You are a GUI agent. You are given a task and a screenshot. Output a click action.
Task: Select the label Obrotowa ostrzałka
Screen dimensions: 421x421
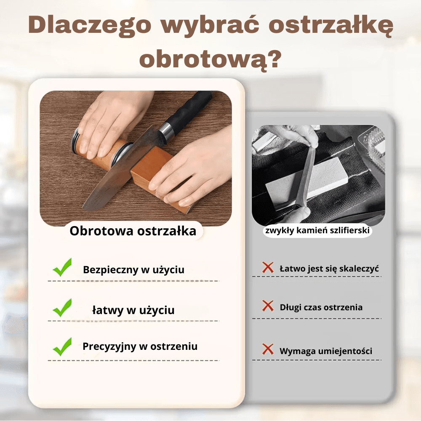[133, 231]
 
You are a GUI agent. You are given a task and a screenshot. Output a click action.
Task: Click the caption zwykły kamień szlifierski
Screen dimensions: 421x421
[318, 231]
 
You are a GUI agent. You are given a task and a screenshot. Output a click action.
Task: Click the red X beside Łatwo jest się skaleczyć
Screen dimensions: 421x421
[268, 267]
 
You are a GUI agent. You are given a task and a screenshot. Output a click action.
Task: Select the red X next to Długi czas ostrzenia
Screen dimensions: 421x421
[268, 306]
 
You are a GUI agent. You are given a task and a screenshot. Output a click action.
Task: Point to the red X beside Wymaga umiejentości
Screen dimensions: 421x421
[268, 349]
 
